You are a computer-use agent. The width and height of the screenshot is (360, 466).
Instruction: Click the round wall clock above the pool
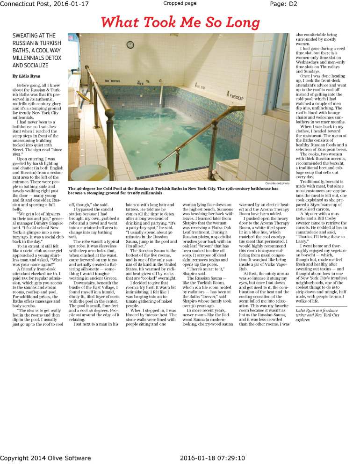click(x=130, y=45)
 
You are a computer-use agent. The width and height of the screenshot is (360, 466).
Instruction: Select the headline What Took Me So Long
click(x=180, y=22)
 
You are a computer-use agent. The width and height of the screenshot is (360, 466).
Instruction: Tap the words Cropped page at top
click(x=180, y=4)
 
